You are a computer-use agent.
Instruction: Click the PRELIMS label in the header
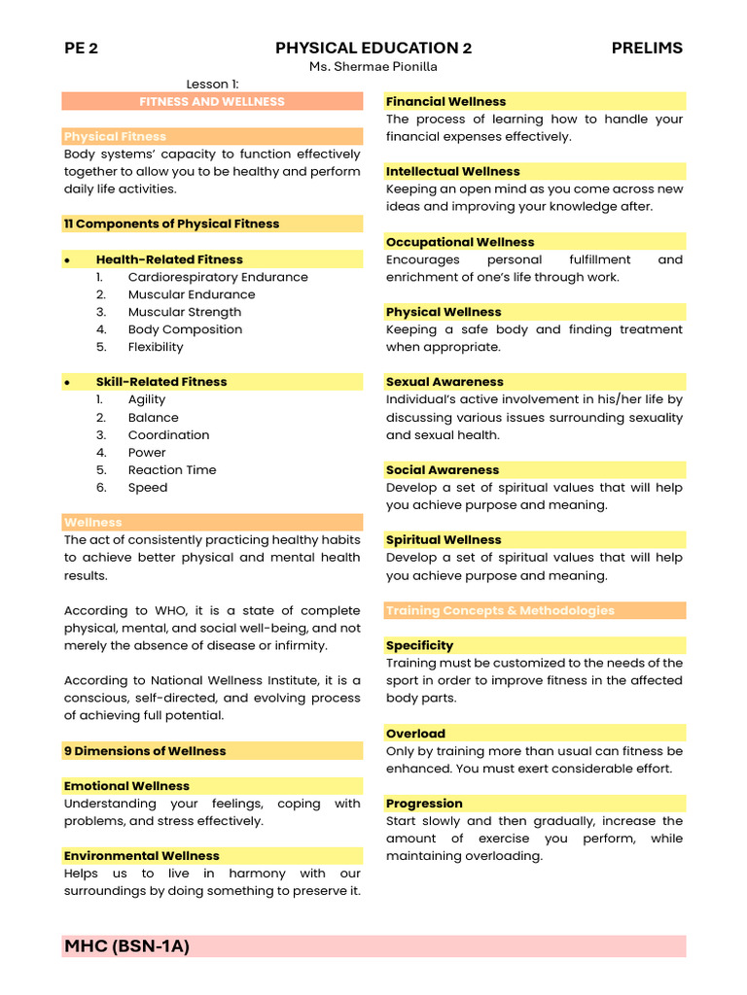point(647,48)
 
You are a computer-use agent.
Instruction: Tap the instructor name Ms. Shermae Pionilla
point(373,66)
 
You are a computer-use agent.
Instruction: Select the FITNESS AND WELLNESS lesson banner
point(212,101)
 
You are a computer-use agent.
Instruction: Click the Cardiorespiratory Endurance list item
point(218,277)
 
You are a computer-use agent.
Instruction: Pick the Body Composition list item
point(185,329)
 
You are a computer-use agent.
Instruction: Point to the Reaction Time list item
point(172,470)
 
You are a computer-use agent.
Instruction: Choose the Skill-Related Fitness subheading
point(161,382)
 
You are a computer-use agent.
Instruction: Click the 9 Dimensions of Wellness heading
point(145,751)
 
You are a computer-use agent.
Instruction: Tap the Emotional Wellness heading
point(127,786)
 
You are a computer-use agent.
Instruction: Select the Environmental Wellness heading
point(142,856)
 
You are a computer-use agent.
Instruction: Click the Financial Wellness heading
point(445,101)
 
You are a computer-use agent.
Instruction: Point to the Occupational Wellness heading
point(460,242)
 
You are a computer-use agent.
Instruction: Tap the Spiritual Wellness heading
point(444,540)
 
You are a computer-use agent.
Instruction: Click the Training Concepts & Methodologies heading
point(500,610)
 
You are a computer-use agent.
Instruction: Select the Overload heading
point(415,734)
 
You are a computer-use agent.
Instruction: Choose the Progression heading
point(424,804)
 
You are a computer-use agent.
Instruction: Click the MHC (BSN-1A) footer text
point(127,946)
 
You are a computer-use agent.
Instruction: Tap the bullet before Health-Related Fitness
point(67,260)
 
